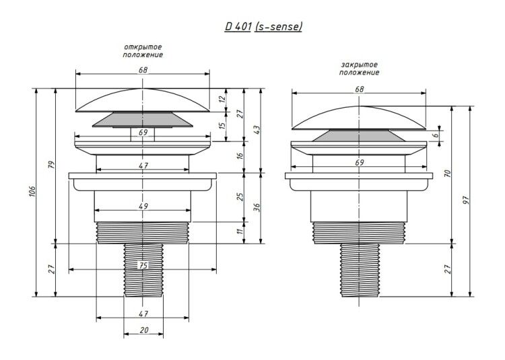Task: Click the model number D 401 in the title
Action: [x=238, y=26]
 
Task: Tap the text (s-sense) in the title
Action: [x=278, y=27]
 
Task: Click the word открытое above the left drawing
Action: [x=143, y=47]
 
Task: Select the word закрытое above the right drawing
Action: [x=359, y=65]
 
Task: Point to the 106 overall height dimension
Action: [x=32, y=192]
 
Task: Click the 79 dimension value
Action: [x=52, y=164]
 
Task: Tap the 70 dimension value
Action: [x=448, y=174]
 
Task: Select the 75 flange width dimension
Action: [x=143, y=265]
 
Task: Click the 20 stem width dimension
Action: [x=144, y=330]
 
